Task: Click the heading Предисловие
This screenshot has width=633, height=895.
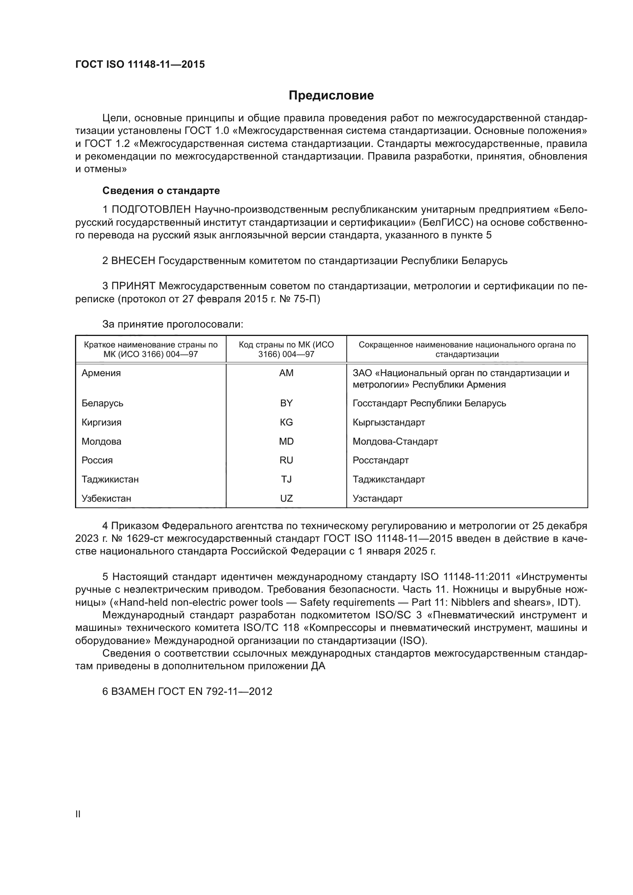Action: pyautogui.click(x=331, y=96)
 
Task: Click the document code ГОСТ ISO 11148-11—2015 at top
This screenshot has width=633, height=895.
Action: pyautogui.click(x=140, y=65)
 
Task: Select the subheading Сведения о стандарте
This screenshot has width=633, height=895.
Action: pyautogui.click(x=161, y=191)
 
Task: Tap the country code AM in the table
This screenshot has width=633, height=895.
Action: pyautogui.click(x=286, y=373)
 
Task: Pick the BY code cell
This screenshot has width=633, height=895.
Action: pyautogui.click(x=286, y=403)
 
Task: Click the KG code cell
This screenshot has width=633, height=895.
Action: pyautogui.click(x=286, y=422)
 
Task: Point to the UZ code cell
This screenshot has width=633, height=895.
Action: pyautogui.click(x=286, y=498)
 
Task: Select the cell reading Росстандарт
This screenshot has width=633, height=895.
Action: pyautogui.click(x=380, y=460)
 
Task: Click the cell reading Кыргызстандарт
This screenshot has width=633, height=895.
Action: pyautogui.click(x=388, y=422)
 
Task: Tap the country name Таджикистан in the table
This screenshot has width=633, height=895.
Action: pyautogui.click(x=110, y=479)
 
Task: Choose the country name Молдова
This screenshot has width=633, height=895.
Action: pyautogui.click(x=101, y=441)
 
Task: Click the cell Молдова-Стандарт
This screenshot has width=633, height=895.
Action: pyautogui.click(x=395, y=441)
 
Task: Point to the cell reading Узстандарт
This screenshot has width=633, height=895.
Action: pyautogui.click(x=377, y=498)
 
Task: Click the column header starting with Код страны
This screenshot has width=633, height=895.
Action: pyautogui.click(x=286, y=349)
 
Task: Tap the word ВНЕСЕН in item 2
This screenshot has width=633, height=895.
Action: pyautogui.click(x=133, y=261)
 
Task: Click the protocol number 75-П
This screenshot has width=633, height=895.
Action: pyautogui.click(x=307, y=299)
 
